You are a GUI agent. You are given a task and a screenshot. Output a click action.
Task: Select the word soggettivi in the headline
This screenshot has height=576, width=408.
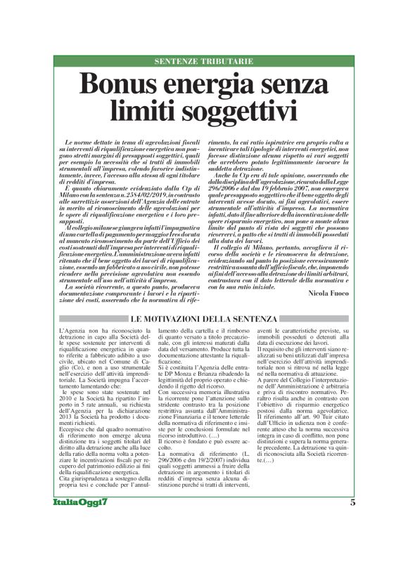[236, 111]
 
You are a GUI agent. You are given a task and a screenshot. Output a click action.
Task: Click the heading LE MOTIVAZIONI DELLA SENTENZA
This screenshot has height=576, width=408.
[204, 318]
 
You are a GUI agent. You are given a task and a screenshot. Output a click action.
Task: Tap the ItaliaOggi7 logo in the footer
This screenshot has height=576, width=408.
[82, 541]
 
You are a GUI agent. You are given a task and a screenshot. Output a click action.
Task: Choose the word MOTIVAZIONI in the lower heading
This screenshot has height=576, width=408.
[186, 318]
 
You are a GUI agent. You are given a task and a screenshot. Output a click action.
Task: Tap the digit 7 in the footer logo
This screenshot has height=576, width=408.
[105, 541]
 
